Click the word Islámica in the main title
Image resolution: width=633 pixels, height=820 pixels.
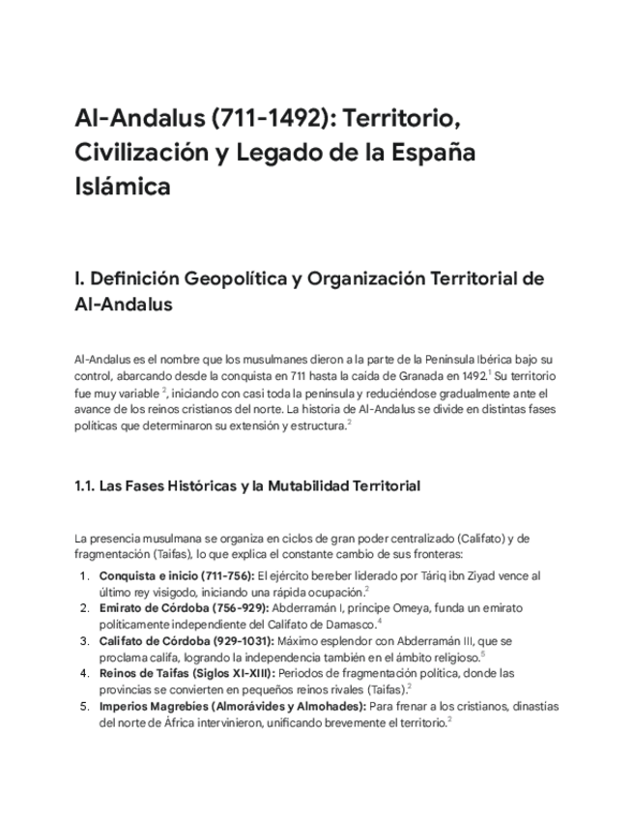click(x=122, y=186)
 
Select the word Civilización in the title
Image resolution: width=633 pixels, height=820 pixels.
click(x=142, y=153)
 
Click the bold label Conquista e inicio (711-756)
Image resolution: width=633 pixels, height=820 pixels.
click(x=177, y=575)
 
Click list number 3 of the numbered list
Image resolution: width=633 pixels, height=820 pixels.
click(x=85, y=641)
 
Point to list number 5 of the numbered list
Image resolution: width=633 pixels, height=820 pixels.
click(x=85, y=706)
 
